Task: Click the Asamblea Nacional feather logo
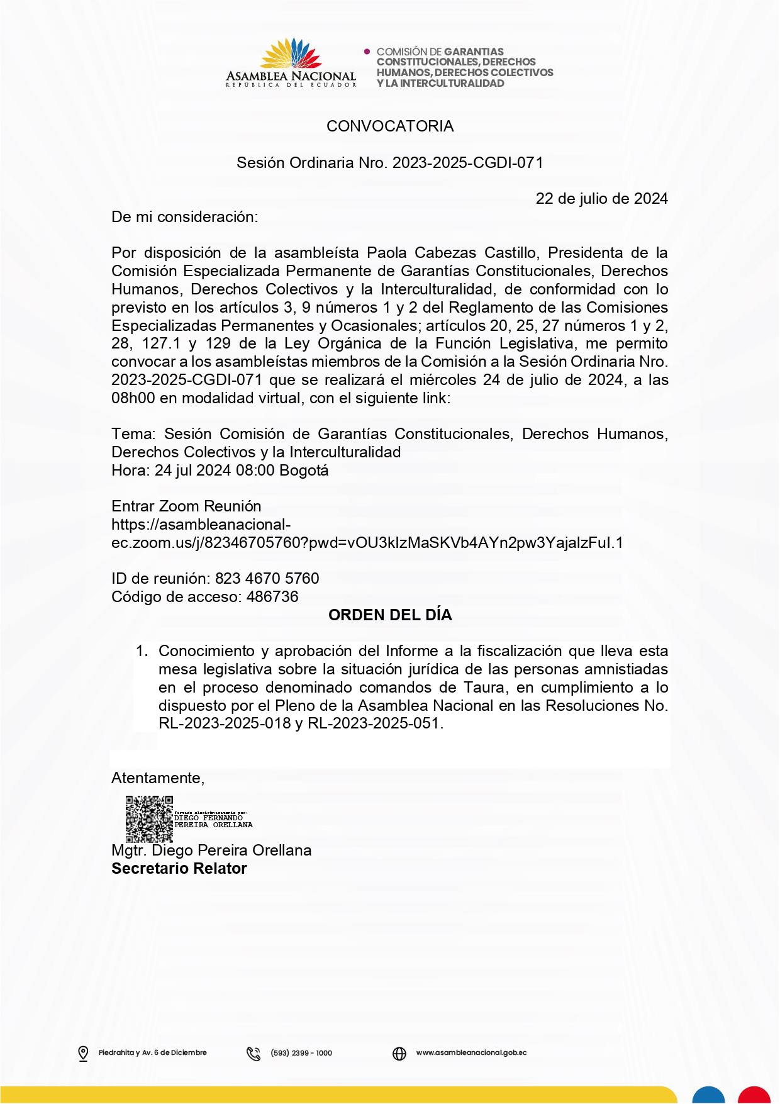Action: pos(291,54)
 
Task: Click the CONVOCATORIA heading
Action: pos(390,126)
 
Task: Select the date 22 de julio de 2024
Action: pos(601,199)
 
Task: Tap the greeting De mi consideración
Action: pos(184,217)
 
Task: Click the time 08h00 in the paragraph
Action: pos(133,398)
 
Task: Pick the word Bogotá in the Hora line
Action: pos(304,471)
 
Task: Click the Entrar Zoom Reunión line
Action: pos(186,506)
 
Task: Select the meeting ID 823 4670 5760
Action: pos(267,579)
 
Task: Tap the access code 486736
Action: pos(272,597)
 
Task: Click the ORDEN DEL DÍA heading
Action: pos(390,615)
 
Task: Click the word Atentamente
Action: pos(157,778)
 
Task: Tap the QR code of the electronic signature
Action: pos(149,819)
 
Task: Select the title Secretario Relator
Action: pos(179,869)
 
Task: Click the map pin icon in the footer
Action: pos(83,1053)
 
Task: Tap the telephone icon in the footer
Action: pos(253,1053)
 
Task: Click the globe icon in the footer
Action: pos(399,1053)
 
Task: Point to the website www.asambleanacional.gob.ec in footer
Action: pos(471,1052)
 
